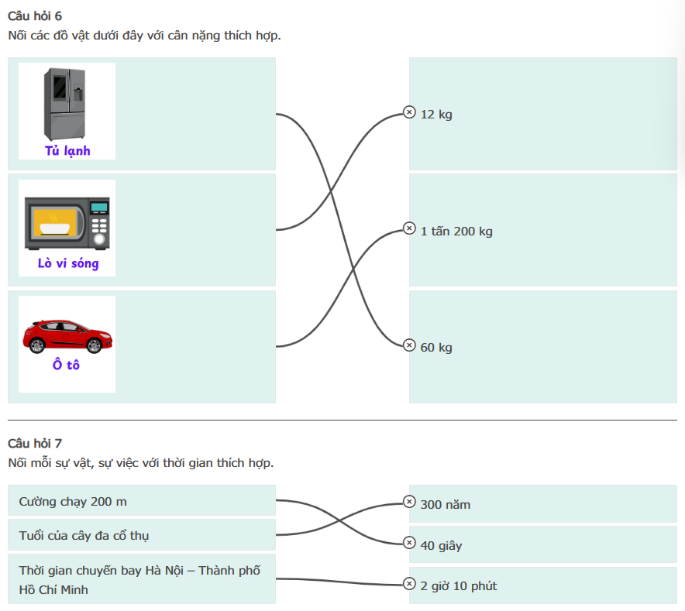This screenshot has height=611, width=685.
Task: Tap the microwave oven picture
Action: (67, 223)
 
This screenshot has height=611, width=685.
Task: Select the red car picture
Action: (67, 335)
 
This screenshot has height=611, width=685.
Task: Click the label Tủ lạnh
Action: (67, 151)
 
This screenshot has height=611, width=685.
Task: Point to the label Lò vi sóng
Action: (68, 264)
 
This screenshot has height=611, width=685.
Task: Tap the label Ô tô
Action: (67, 365)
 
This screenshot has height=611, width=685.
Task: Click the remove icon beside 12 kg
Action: (409, 113)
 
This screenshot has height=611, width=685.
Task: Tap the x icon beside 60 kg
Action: (409, 345)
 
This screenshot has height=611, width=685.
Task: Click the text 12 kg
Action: (436, 115)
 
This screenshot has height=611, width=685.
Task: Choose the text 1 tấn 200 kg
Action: (456, 231)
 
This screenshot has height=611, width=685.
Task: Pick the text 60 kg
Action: (436, 348)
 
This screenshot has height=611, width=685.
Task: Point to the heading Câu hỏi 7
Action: (35, 443)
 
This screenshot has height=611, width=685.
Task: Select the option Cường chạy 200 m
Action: (73, 502)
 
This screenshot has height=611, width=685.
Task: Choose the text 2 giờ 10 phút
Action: (459, 586)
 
